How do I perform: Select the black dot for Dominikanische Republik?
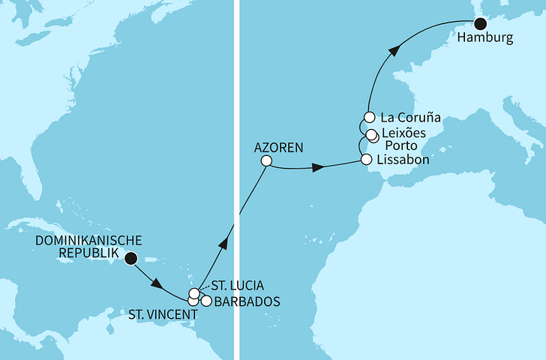[x=131, y=259]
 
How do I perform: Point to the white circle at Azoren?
[x=265, y=160]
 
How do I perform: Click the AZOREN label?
[x=278, y=148]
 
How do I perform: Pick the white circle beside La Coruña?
[x=369, y=117]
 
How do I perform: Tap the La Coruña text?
[x=409, y=118]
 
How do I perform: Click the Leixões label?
[x=403, y=132]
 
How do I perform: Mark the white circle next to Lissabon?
[x=366, y=160]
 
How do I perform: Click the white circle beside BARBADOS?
[x=206, y=301]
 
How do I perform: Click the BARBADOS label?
[x=247, y=302]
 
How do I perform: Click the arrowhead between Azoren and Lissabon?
[x=319, y=168]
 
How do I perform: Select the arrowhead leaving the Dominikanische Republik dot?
[x=157, y=284]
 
